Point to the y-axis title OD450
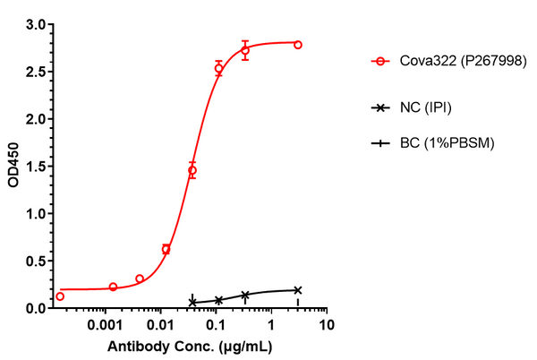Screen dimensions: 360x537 (13, 167)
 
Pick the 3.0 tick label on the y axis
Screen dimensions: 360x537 (35, 24)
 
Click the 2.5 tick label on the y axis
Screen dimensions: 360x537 (35, 72)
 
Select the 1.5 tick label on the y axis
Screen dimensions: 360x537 (35, 167)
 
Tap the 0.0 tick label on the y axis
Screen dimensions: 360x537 (35, 308)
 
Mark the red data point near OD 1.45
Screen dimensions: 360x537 (192, 170)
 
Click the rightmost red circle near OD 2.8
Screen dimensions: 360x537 (298, 45)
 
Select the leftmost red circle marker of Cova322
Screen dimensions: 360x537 (60, 296)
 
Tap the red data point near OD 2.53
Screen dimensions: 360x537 (218, 68)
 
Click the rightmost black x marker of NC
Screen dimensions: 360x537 (298, 290)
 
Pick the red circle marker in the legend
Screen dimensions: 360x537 (382, 62)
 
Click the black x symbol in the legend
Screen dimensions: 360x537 (382, 108)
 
